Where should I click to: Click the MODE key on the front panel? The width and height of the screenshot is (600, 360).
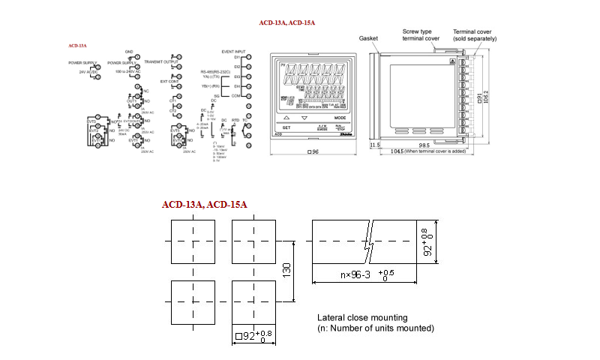(x=340, y=118)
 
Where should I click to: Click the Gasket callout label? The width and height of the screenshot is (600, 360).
(x=368, y=37)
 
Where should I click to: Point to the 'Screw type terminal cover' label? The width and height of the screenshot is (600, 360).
(x=419, y=35)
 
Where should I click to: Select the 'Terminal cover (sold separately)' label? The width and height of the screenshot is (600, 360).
(x=475, y=35)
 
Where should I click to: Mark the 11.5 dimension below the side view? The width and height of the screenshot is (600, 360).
(x=375, y=144)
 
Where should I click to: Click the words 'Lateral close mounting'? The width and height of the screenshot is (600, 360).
(x=362, y=317)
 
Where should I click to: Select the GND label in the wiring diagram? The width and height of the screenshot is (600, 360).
(x=128, y=51)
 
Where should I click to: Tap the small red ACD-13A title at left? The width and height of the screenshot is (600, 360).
(x=77, y=46)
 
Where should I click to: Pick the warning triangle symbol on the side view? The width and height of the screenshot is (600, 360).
(x=451, y=61)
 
